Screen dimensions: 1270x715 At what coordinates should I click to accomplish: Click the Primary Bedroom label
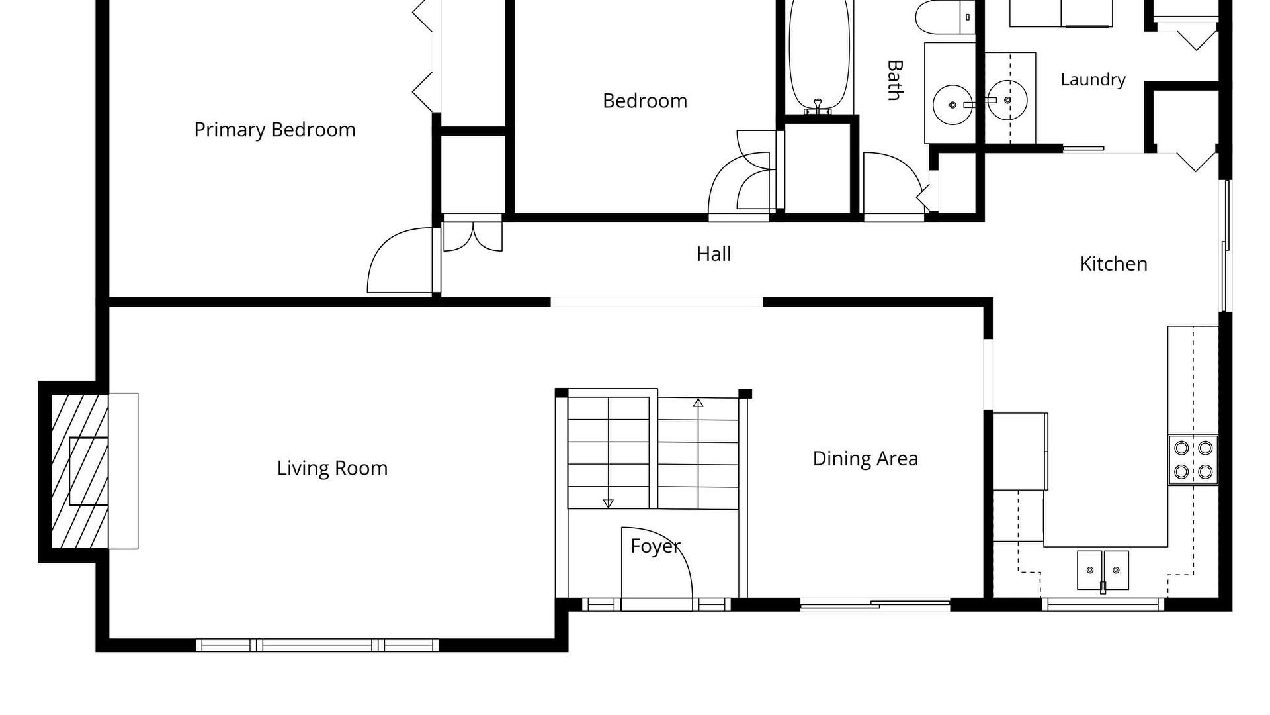pyautogui.click(x=275, y=130)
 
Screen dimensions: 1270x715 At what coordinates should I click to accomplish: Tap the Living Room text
pyautogui.click(x=332, y=468)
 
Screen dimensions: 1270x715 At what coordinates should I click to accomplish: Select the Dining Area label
pyautogui.click(x=865, y=459)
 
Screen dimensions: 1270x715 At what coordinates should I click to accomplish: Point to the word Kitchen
pyautogui.click(x=1113, y=263)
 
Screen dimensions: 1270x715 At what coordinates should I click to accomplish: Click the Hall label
pyautogui.click(x=714, y=254)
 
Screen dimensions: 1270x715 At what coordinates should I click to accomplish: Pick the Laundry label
pyautogui.click(x=1093, y=80)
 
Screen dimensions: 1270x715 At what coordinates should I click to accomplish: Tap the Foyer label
pyautogui.click(x=655, y=546)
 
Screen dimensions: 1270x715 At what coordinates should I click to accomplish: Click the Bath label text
pyautogui.click(x=894, y=80)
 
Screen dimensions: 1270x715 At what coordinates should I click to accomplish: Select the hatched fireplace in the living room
pyautogui.click(x=79, y=471)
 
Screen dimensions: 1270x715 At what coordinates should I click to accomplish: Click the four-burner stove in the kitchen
pyautogui.click(x=1193, y=459)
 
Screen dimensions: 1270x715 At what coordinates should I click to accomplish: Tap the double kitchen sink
pyautogui.click(x=1103, y=570)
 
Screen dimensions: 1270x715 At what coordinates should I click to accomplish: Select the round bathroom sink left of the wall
pyautogui.click(x=952, y=105)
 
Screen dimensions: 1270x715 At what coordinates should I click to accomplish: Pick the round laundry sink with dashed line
pyautogui.click(x=1007, y=101)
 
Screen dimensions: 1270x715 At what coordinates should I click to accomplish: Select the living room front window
pyautogui.click(x=317, y=645)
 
